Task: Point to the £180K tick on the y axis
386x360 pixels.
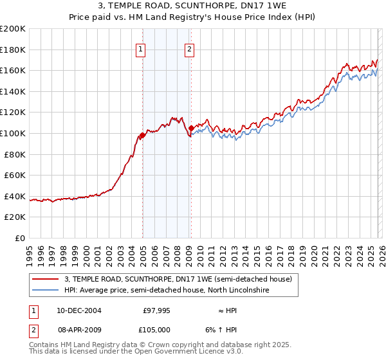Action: (x=13, y=50)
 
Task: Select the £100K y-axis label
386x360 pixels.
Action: (x=13, y=133)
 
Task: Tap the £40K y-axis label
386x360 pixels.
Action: (x=15, y=196)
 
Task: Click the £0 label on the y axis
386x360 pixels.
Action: (x=19, y=238)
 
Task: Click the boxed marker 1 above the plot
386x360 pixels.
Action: (x=140, y=49)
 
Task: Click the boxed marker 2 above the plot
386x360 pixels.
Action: (x=190, y=49)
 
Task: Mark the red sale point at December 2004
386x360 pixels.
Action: (x=142, y=135)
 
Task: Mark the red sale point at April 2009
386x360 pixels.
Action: (x=191, y=128)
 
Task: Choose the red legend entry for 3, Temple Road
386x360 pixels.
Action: (x=178, y=279)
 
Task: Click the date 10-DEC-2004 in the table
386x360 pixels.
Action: (x=78, y=310)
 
